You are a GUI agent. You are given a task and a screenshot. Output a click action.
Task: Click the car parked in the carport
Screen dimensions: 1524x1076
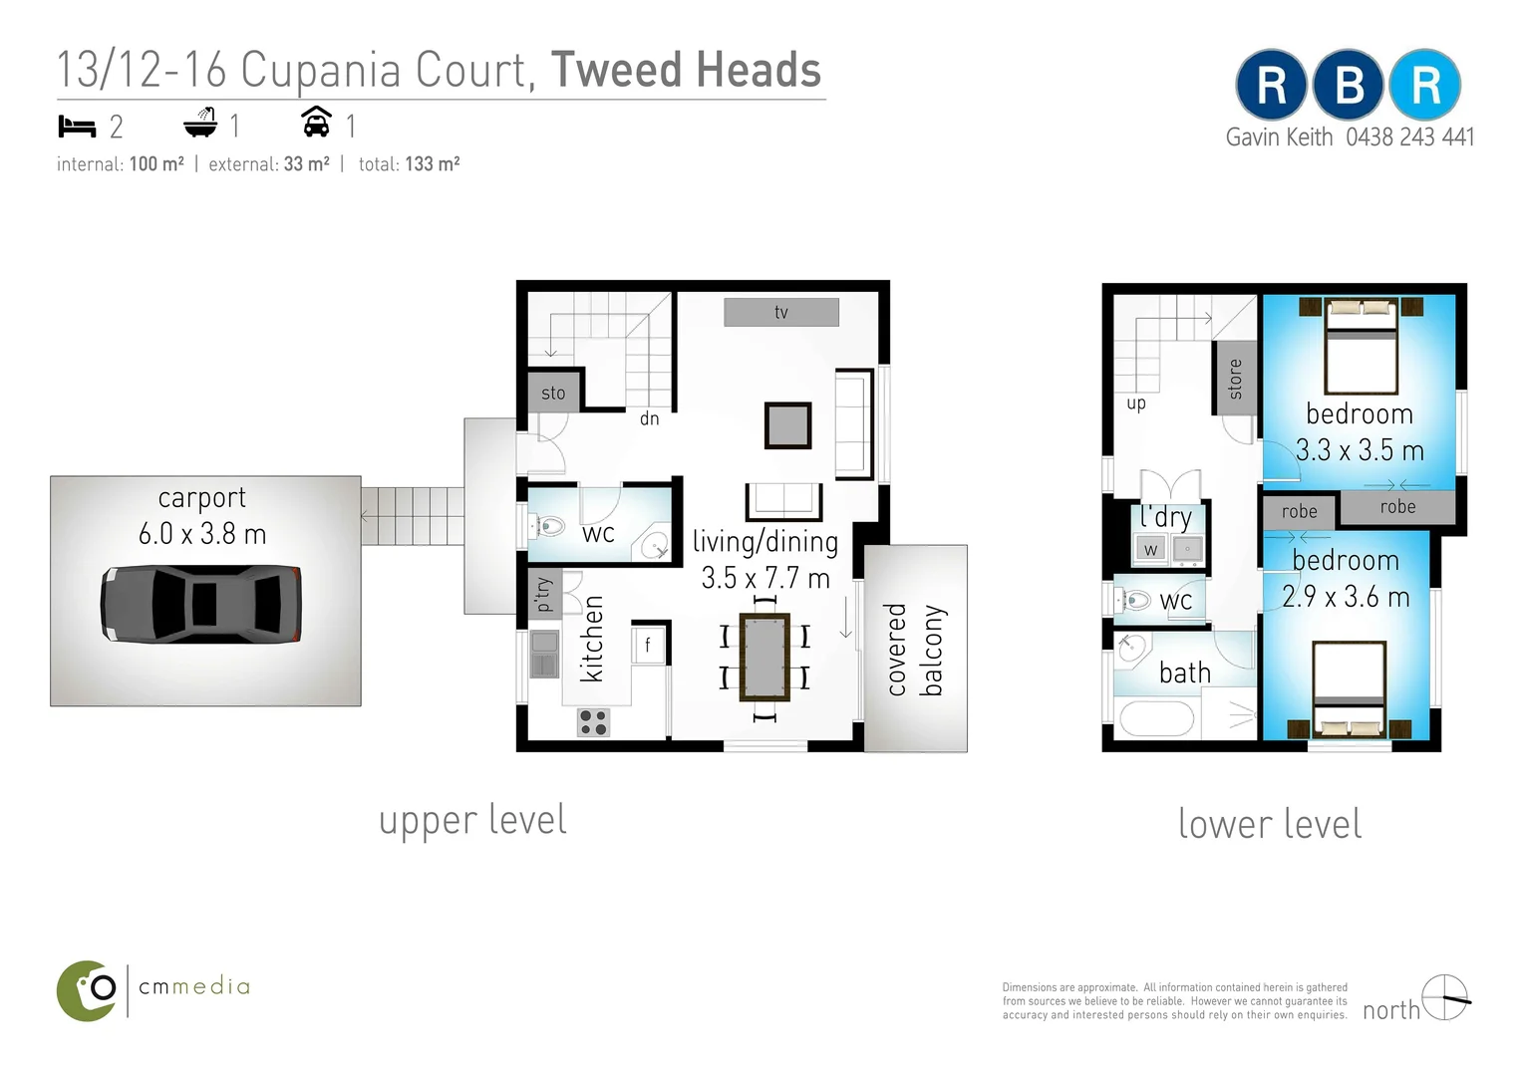pyautogui.click(x=200, y=604)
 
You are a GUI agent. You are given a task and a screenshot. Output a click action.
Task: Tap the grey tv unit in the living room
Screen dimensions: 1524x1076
pyautogui.click(x=781, y=312)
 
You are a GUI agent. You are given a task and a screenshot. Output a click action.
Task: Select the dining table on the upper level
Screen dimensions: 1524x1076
pyautogui.click(x=764, y=657)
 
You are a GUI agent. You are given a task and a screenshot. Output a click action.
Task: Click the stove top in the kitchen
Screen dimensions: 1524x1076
pyautogui.click(x=593, y=722)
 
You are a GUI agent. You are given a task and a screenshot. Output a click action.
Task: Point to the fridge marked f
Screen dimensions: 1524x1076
pyautogui.click(x=647, y=644)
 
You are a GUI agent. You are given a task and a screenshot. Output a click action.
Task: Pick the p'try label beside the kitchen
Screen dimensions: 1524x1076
pyautogui.click(x=543, y=594)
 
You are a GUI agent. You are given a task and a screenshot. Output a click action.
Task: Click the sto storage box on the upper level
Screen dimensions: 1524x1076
pyautogui.click(x=554, y=393)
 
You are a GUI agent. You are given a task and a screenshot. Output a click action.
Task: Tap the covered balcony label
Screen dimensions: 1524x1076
pyautogui.click(x=916, y=650)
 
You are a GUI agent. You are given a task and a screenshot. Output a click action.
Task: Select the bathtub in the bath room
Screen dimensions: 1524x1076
pyautogui.click(x=1156, y=719)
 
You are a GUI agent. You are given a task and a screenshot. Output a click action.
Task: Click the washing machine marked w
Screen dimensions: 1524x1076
pyautogui.click(x=1150, y=550)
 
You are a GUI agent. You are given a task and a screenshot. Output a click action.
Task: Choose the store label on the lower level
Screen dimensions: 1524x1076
pyautogui.click(x=1235, y=379)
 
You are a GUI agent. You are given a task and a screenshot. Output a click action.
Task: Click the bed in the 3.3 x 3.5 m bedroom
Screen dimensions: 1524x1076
pyautogui.click(x=1361, y=346)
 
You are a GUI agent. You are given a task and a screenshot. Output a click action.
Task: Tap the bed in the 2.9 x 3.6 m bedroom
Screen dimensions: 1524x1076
pyautogui.click(x=1350, y=689)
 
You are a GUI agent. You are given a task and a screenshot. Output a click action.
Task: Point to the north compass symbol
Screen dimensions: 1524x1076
pyautogui.click(x=1446, y=997)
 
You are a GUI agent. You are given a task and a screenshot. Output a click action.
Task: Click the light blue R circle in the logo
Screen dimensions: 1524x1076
pyautogui.click(x=1425, y=85)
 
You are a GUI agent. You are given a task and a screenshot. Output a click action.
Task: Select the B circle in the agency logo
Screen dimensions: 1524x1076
pyautogui.click(x=1349, y=85)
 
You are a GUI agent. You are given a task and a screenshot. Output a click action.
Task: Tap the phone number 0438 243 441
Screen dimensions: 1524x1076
pyautogui.click(x=1409, y=137)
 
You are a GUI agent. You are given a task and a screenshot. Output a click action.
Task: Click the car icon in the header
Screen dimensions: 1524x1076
pyautogui.click(x=316, y=122)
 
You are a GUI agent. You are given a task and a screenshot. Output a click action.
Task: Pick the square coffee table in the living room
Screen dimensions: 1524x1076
pyautogui.click(x=787, y=425)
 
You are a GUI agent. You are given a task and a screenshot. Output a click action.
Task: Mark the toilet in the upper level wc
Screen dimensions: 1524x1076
pyautogui.click(x=550, y=526)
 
